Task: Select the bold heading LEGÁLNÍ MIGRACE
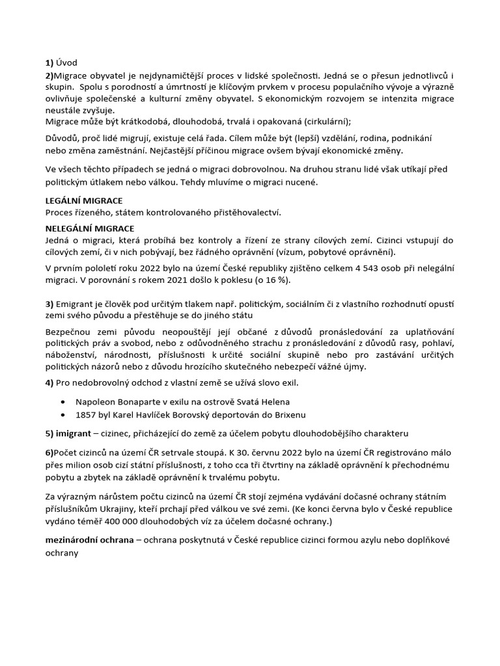[83, 201]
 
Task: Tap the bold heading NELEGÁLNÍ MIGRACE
[89, 229]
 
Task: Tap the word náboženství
[72, 355]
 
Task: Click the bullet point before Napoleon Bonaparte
[62, 402]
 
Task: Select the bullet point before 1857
[62, 414]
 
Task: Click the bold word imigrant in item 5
[77, 433]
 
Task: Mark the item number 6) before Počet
[49, 453]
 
